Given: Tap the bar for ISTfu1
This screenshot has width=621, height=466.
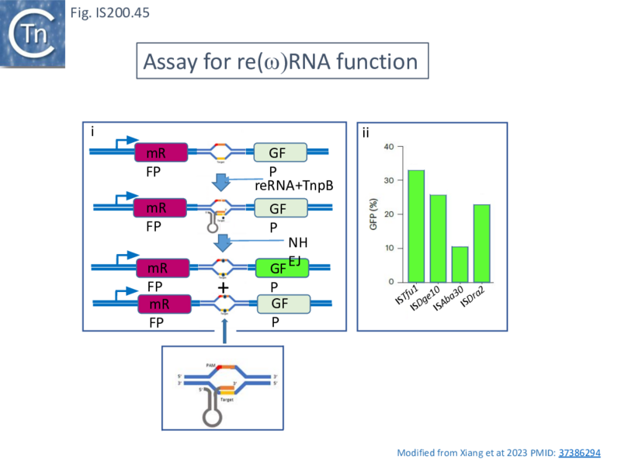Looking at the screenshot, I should coord(416,225).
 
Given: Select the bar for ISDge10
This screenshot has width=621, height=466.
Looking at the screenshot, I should coord(439,238).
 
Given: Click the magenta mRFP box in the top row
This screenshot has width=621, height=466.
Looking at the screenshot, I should coord(161,153).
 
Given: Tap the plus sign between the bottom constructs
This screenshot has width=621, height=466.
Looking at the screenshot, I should coord(224,288).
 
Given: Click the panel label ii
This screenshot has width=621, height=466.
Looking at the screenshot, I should coord(366,134).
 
